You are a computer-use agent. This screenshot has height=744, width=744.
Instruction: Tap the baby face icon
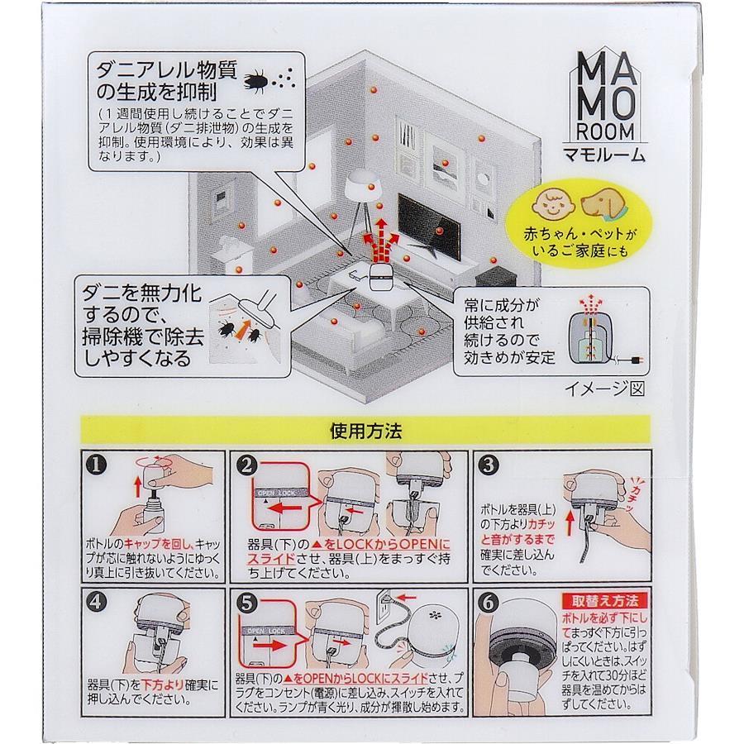[553, 205]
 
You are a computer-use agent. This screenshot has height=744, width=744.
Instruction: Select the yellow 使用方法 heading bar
[365, 431]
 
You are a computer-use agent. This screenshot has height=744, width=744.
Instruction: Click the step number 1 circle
[96, 465]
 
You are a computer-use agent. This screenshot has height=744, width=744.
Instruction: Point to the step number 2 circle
[246, 465]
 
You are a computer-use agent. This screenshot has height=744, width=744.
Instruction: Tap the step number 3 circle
[489, 465]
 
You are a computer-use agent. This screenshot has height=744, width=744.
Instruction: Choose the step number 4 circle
[96, 602]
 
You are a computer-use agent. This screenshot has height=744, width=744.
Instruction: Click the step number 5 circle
[246, 603]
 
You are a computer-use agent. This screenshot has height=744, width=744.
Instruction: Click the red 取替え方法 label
[604, 601]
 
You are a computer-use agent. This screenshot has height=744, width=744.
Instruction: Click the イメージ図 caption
[604, 389]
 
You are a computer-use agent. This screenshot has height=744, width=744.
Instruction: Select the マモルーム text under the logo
[604, 155]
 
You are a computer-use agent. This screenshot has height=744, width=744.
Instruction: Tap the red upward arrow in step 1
[137, 486]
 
